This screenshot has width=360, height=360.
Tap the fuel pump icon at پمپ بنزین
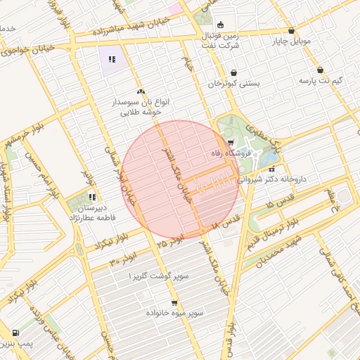click(x=15, y=333)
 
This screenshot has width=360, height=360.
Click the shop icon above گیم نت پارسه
click(x=321, y=70)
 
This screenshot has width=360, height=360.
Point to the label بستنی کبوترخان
click(x=233, y=83)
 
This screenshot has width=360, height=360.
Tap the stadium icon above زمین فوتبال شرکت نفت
click(x=220, y=25)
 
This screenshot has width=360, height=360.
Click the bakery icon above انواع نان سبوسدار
click(x=141, y=91)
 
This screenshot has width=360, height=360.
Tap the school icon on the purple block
click(x=112, y=59)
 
